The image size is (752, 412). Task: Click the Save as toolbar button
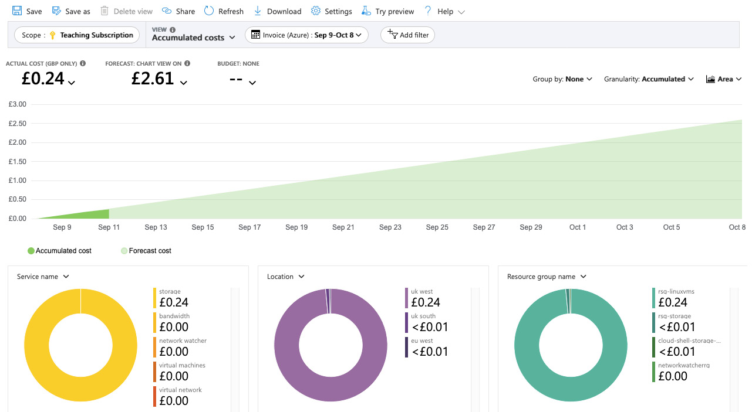pyautogui.click(x=71, y=11)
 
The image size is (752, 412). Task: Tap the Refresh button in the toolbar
pyautogui.click(x=224, y=11)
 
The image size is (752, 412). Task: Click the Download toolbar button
pyautogui.click(x=278, y=11)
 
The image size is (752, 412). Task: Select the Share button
pyautogui.click(x=178, y=11)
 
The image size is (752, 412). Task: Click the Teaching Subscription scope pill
pyautogui.click(x=77, y=35)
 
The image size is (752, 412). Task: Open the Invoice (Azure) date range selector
pyautogui.click(x=306, y=35)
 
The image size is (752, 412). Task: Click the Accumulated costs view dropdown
pyautogui.click(x=193, y=38)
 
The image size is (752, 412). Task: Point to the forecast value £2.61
pyautogui.click(x=153, y=79)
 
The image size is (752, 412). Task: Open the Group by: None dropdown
pyautogui.click(x=562, y=79)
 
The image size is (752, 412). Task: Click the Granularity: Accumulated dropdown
pyautogui.click(x=649, y=79)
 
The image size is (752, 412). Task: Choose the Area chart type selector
pyautogui.click(x=723, y=79)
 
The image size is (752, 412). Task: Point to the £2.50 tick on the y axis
pyautogui.click(x=18, y=123)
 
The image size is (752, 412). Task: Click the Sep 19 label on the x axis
pyautogui.click(x=296, y=227)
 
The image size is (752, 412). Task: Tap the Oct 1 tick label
pyautogui.click(x=578, y=227)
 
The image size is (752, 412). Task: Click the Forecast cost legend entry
pyautogui.click(x=146, y=251)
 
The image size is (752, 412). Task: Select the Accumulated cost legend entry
pyautogui.click(x=59, y=251)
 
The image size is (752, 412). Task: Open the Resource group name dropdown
pyautogui.click(x=547, y=277)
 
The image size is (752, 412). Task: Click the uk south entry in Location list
pyautogui.click(x=426, y=322)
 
